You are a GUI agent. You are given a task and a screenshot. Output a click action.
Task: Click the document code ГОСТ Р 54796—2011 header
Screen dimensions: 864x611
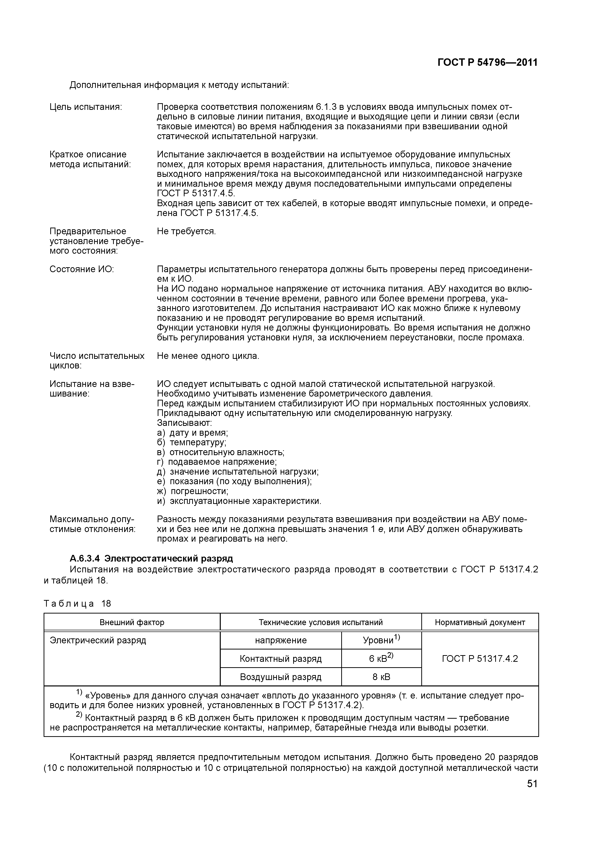click(x=488, y=63)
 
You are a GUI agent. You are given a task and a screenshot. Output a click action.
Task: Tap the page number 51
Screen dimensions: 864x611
click(x=532, y=784)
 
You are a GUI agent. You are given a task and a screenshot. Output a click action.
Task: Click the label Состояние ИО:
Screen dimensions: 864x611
click(x=82, y=269)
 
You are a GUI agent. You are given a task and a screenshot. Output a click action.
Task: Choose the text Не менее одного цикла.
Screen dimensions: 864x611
click(x=208, y=356)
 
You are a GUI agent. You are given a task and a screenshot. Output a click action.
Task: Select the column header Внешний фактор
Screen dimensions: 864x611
click(x=132, y=622)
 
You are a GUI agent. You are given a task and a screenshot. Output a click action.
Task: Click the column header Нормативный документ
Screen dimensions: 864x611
click(x=480, y=622)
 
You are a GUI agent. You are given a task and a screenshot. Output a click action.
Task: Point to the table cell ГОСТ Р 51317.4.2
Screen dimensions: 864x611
click(x=480, y=659)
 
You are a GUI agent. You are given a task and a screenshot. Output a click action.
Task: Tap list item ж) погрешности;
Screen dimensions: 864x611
click(x=193, y=491)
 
